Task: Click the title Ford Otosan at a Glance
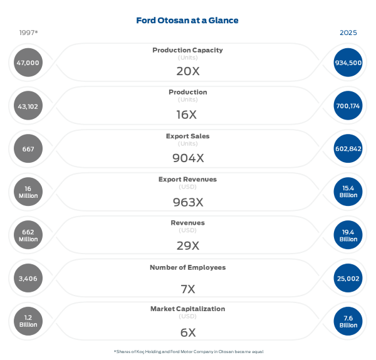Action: tap(187, 21)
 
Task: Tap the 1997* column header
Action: tap(29, 33)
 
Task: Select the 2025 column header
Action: tap(348, 33)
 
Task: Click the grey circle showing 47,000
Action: tap(28, 63)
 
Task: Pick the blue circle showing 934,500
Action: tap(348, 63)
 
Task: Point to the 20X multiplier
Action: tap(187, 71)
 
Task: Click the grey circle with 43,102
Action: tap(28, 106)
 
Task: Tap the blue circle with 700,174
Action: tap(348, 106)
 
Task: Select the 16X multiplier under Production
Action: tap(187, 115)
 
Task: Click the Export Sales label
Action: tap(187, 136)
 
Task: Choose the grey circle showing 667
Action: tap(28, 149)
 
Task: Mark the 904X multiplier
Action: tap(187, 158)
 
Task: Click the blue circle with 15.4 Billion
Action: tap(348, 192)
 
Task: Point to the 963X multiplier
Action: tap(187, 202)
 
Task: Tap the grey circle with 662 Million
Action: tap(28, 235)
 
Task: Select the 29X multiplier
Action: tap(187, 245)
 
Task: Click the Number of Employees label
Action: tap(187, 267)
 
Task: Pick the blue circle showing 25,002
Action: tap(348, 278)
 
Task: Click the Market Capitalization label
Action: tap(187, 309)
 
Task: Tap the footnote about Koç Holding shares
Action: tap(188, 351)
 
